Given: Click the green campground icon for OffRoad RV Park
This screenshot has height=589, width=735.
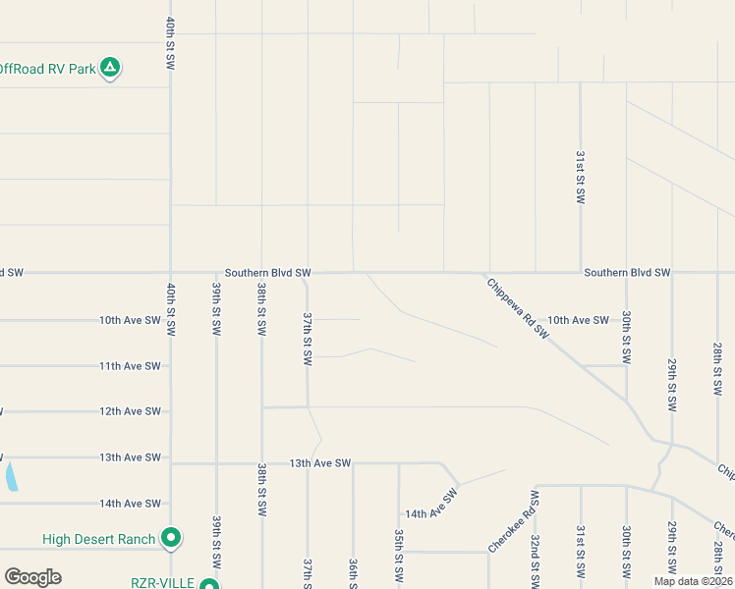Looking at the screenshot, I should (111, 68).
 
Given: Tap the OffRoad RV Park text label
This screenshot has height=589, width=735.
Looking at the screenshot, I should (48, 69).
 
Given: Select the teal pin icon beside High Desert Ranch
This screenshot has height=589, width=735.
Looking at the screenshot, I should (171, 538).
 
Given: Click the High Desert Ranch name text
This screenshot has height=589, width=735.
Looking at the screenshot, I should (99, 539).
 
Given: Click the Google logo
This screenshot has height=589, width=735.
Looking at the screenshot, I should (32, 577).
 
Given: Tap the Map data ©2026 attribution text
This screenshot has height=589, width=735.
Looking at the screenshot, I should (692, 581).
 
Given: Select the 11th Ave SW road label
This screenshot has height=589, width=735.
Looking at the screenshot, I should (130, 366).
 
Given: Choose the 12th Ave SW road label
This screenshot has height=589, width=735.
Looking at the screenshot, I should (130, 411).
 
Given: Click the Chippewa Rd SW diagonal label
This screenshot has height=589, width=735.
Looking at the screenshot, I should (517, 308).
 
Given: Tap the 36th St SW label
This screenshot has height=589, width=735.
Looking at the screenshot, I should (353, 573).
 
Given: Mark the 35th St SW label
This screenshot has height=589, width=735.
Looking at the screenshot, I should (399, 555).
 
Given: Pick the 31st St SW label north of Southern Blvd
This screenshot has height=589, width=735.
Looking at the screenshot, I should (581, 177).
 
